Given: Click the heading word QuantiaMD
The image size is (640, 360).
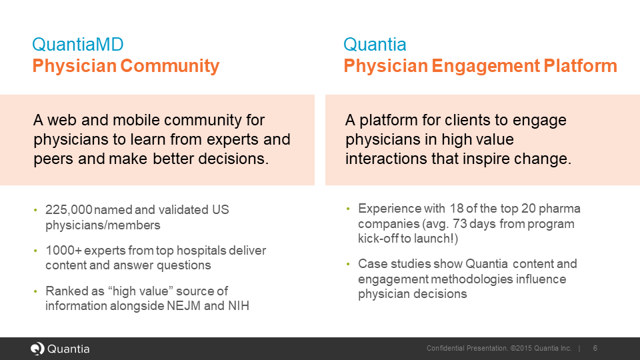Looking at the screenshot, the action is [77, 45].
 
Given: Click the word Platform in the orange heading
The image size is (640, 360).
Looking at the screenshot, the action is [581, 66].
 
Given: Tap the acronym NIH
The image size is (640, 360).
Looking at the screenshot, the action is [238, 306].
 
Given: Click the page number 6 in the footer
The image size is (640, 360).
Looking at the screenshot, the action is [595, 349].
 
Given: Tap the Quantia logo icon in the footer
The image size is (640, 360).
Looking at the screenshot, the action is [37, 349].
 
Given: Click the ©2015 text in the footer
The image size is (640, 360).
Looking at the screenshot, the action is [524, 349].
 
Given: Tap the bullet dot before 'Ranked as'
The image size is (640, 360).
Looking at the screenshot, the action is [36, 292].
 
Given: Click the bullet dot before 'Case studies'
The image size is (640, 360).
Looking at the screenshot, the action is [348, 265].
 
